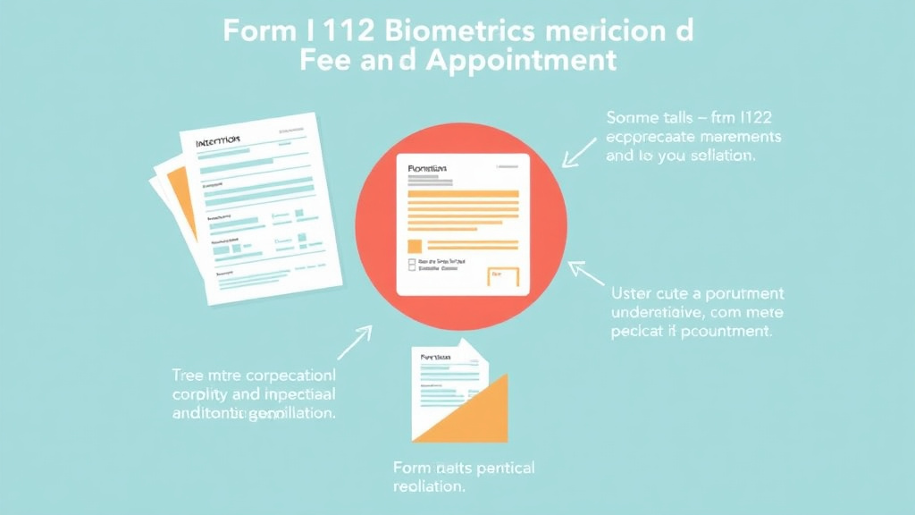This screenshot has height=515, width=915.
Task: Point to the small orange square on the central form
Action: tap(415, 246)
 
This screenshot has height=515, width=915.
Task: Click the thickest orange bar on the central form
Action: tap(463, 192)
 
